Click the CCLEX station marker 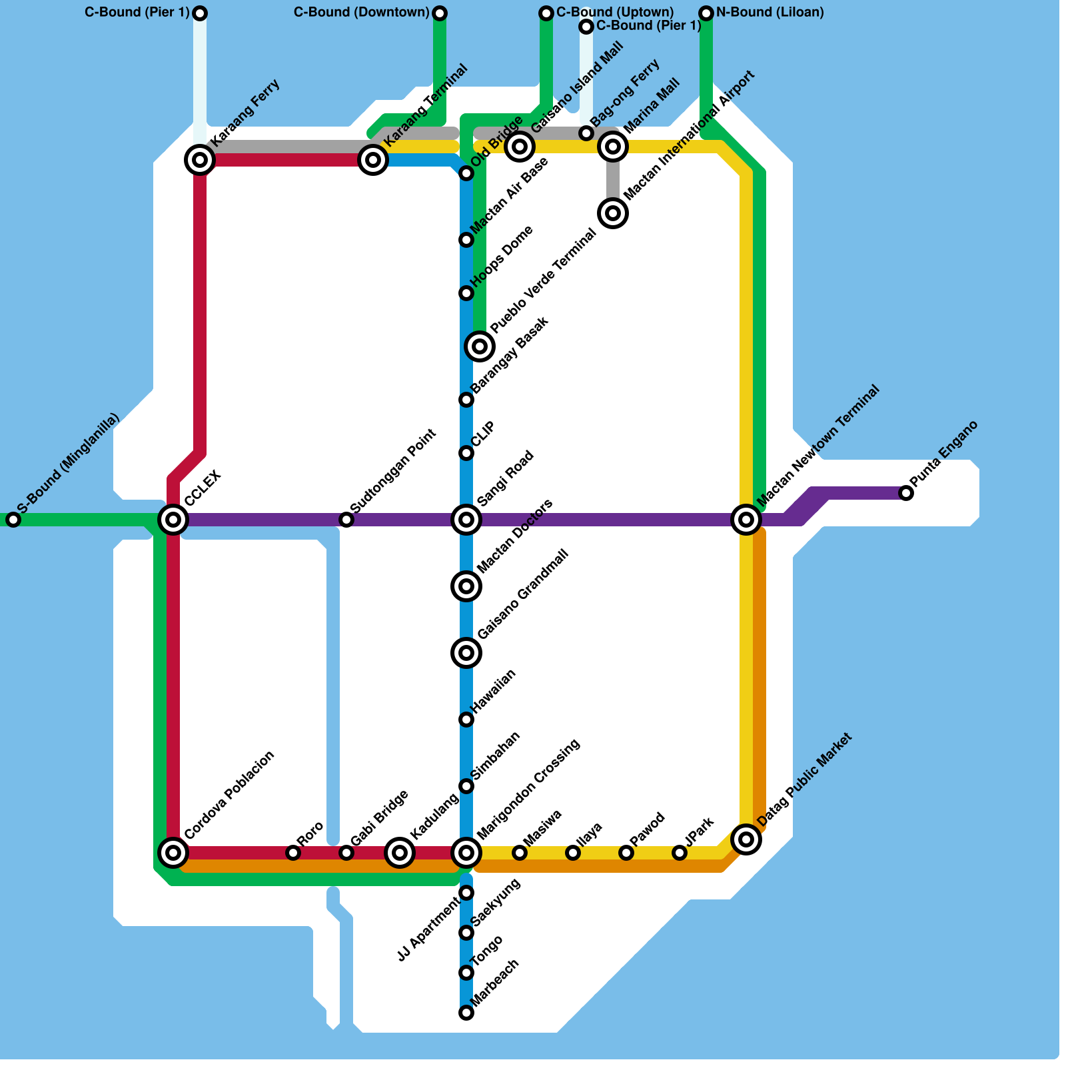point(173,519)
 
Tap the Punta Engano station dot point(906,493)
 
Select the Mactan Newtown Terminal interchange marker point(746,519)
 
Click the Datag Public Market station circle point(746,839)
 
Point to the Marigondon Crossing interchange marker point(466,852)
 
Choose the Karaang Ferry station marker point(200,160)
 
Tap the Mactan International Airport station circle point(613,213)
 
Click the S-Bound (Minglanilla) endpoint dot point(13,520)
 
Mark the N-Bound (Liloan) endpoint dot point(706,13)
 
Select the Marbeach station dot point(466,1013)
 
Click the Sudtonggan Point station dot point(346,520)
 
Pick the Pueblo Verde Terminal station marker point(480,346)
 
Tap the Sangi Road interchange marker point(466,519)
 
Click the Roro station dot point(293,852)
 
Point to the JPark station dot point(680,852)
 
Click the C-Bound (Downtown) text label point(362,13)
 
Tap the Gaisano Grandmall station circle point(466,652)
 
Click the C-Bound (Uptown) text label point(615,13)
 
